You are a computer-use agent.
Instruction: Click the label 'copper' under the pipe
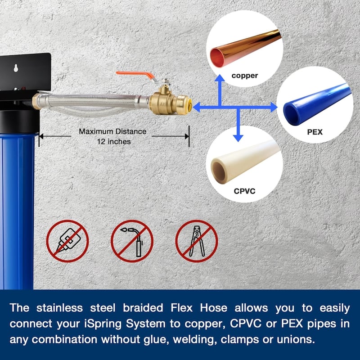(245, 76)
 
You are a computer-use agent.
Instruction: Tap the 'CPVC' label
(244, 191)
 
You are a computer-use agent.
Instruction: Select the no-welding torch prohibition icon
(132, 241)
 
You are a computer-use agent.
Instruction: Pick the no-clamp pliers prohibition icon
(196, 241)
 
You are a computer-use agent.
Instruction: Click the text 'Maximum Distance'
(112, 131)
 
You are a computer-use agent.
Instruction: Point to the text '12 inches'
(113, 141)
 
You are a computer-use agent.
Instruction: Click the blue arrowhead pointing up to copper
(219, 79)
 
